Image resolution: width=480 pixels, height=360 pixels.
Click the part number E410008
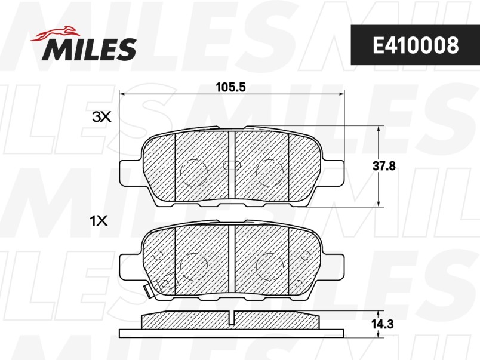click(x=416, y=45)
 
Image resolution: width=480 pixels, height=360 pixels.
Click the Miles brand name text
click(x=90, y=49)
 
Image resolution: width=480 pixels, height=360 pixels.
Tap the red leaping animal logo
click(x=55, y=33)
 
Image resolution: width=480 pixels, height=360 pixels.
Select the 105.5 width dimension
click(x=230, y=87)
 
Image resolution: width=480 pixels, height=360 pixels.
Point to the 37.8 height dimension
click(x=384, y=166)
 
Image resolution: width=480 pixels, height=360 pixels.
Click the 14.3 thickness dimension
click(x=383, y=324)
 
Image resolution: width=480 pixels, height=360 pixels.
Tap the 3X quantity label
click(x=102, y=116)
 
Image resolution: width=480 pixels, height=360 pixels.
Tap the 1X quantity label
click(x=99, y=221)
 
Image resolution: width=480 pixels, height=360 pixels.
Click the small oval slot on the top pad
click(x=232, y=165)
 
